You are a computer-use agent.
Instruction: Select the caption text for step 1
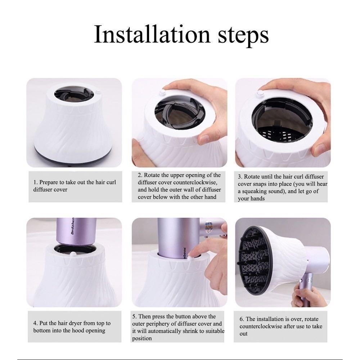[74, 186]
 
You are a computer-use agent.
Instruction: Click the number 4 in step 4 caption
[35, 323]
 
